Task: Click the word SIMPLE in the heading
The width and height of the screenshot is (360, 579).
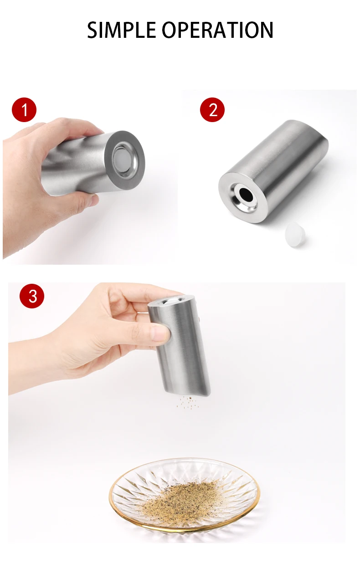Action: tap(121, 30)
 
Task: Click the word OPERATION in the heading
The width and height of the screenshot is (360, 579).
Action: tap(217, 30)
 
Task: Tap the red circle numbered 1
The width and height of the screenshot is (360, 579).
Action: tap(24, 110)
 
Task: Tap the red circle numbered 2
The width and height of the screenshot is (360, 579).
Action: tap(212, 110)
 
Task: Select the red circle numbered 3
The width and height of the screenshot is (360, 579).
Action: tap(32, 296)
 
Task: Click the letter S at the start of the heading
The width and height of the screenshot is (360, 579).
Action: tap(93, 30)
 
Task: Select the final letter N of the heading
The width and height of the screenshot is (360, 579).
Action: tap(267, 30)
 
